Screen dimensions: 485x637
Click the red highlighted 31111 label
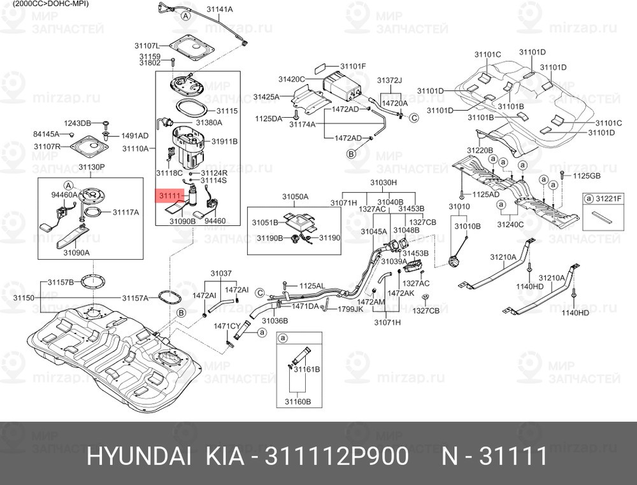tap(171, 195)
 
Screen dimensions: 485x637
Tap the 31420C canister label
tap(292, 79)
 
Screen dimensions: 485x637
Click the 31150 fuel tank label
tap(24, 297)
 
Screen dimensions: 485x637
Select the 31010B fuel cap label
tap(468, 226)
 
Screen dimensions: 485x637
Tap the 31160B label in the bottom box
tap(297, 401)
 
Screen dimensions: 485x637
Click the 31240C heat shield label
tap(511, 225)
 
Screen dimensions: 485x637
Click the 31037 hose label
tap(220, 273)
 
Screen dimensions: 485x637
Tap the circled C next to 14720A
tap(413, 117)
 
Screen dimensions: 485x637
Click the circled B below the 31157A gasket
tap(181, 313)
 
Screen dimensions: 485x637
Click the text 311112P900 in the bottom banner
tap(336, 457)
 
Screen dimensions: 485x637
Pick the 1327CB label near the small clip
tap(426, 310)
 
